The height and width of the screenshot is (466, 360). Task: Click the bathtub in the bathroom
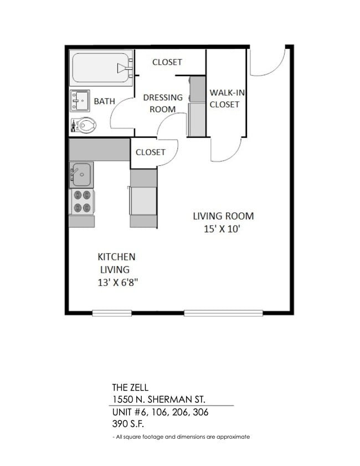click(x=101, y=68)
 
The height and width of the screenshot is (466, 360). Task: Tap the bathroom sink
click(x=80, y=101)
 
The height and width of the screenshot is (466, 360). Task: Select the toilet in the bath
click(x=84, y=125)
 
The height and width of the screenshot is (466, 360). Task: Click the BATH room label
click(x=104, y=101)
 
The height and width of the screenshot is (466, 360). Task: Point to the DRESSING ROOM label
click(x=162, y=103)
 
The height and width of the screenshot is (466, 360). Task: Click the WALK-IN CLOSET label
click(x=224, y=99)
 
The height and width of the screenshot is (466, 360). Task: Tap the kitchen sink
click(x=81, y=175)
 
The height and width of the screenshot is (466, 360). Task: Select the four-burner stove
click(x=81, y=202)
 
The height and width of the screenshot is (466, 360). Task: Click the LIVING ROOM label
click(x=223, y=216)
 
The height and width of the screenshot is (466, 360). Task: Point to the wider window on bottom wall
click(x=223, y=313)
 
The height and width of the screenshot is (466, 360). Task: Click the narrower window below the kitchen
click(x=112, y=313)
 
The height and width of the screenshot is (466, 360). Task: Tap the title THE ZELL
click(x=130, y=388)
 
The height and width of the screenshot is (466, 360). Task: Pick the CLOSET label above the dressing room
click(x=167, y=62)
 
